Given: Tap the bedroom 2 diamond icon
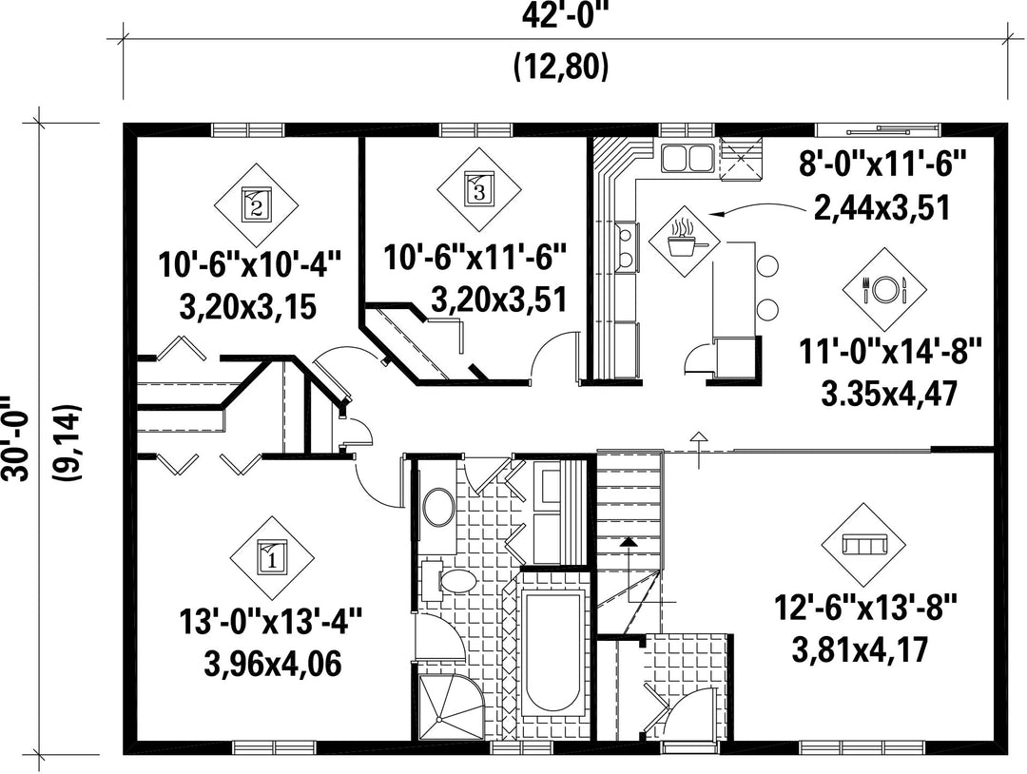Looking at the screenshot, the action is [257, 205].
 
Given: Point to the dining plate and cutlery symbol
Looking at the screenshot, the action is [884, 289].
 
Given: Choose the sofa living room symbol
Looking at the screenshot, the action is [863, 545].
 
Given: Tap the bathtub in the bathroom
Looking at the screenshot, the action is [553, 652].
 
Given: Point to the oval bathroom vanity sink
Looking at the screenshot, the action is [439, 506].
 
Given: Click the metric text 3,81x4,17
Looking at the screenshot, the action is [860, 650].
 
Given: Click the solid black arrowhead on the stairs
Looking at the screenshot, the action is [629, 542].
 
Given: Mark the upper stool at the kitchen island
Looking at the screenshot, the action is [767, 266].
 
